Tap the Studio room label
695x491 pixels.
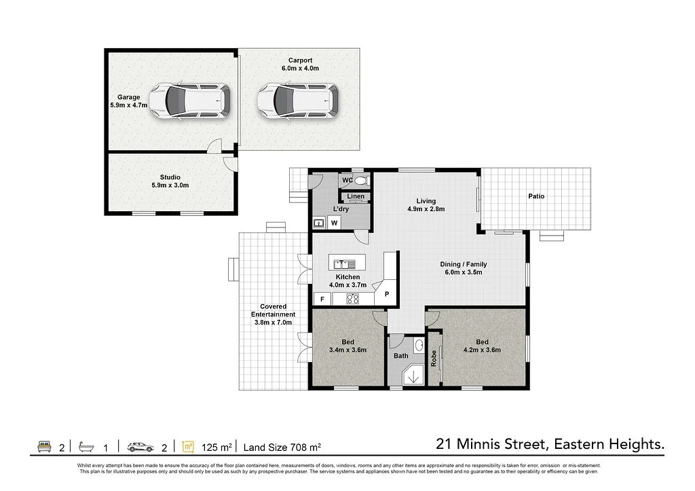[x=170, y=177]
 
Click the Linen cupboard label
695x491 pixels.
[x=356, y=196]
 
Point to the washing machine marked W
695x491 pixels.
[x=334, y=223]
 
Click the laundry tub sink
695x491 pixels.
[x=319, y=223]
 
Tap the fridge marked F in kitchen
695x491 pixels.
[x=322, y=299]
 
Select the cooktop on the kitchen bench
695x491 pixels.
[x=353, y=299]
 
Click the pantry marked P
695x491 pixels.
[x=386, y=293]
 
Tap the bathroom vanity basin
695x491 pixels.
[x=419, y=346]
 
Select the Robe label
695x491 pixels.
[x=434, y=359]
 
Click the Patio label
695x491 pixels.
[x=536, y=196]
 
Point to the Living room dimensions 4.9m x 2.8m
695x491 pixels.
[x=426, y=209]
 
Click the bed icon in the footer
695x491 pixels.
[x=44, y=446]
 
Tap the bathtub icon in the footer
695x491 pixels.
[x=86, y=447]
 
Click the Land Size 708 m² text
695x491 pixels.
[x=282, y=447]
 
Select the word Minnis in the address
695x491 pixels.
[x=480, y=444]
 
